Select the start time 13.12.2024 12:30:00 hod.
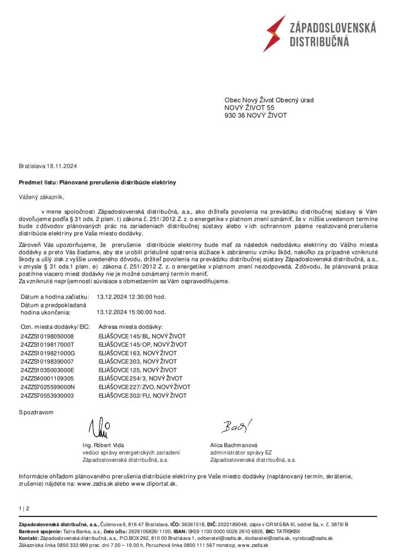tap(131, 296)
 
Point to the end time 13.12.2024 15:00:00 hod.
tap(131, 312)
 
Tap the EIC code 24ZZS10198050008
tap(47, 337)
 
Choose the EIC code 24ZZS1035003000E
tap(47, 370)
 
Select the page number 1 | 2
tap(24, 509)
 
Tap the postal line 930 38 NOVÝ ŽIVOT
tap(255, 116)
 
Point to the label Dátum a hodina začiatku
tap(54, 296)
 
